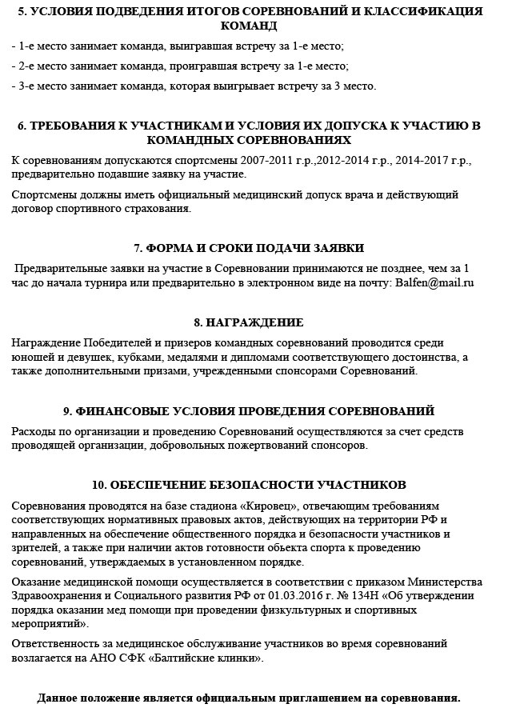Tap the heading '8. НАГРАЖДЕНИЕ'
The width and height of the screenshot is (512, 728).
249,322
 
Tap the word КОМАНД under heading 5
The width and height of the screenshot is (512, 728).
249,26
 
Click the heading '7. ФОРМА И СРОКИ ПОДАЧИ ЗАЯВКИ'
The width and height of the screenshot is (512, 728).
249,248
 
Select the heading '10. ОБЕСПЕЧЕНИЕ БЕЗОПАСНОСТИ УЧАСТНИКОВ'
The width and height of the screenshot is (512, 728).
249,485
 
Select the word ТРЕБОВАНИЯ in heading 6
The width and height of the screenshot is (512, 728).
79,126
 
